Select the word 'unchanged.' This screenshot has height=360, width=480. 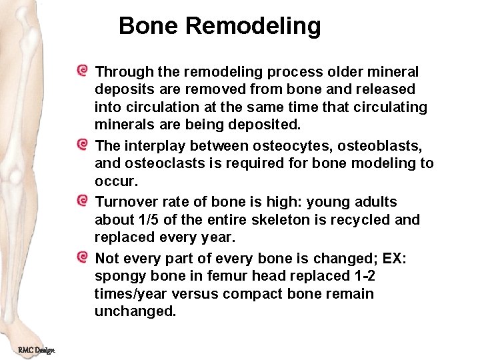[x=135, y=312]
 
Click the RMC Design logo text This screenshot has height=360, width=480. [x=37, y=349]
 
